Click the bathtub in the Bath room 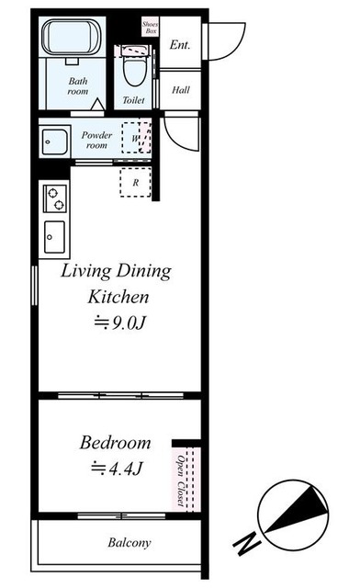71,38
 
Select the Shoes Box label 151,28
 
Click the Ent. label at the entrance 180,45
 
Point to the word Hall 181,90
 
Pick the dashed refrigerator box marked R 135,183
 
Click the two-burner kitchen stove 55,198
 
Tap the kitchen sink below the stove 54,237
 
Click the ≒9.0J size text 119,322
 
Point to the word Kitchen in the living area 118,297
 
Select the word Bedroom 115,443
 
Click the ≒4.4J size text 117,468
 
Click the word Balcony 129,543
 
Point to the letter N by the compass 246,544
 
